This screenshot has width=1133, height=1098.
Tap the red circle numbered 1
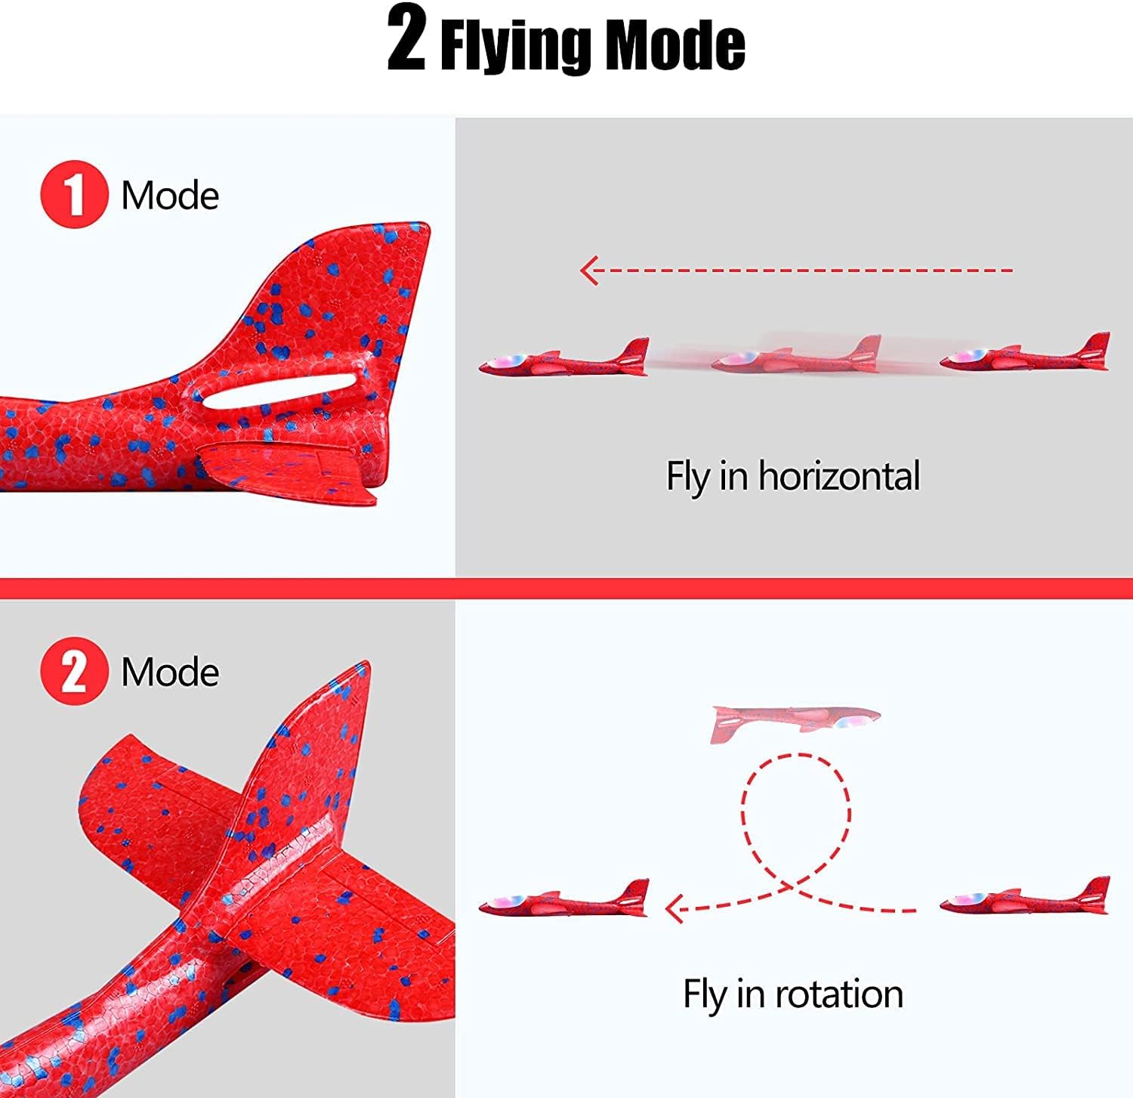74,194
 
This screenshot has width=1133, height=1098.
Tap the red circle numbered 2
74,671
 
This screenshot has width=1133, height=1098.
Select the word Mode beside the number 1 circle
170,196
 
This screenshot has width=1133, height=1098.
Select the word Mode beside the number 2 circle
170,672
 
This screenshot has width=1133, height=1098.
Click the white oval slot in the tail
279,390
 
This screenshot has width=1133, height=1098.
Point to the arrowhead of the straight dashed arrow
590,270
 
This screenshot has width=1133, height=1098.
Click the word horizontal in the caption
839,476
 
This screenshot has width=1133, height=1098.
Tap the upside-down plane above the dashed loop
795,723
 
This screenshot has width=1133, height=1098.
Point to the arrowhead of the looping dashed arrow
675,908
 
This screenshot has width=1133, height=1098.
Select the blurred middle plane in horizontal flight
797,355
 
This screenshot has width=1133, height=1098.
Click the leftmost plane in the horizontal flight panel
564,357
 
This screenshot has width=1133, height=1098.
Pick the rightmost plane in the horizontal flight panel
1025,352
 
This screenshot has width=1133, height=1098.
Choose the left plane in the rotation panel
564,899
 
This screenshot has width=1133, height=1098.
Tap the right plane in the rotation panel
1025,896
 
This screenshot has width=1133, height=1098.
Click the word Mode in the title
676,45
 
